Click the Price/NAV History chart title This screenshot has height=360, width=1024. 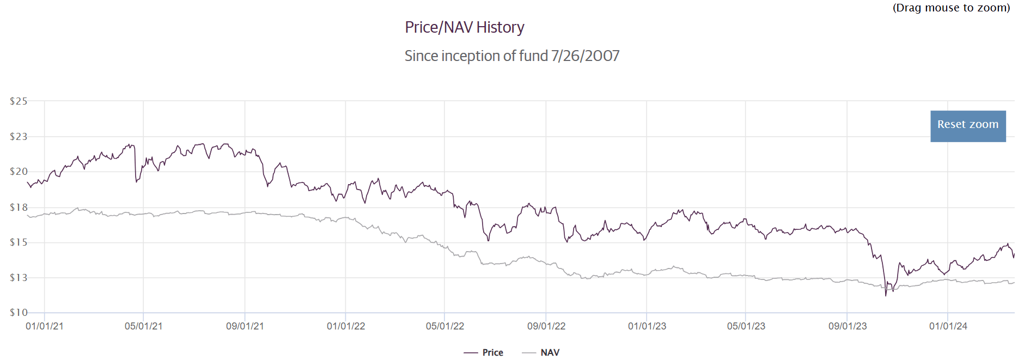464,27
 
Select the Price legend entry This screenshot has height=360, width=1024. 492,352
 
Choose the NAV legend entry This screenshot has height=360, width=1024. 550,352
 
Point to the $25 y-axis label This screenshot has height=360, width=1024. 19,101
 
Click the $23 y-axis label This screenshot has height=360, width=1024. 19,137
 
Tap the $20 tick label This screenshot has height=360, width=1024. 19,172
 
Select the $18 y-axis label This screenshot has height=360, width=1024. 19,208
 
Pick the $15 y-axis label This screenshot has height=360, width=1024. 19,242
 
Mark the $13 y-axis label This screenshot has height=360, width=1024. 19,278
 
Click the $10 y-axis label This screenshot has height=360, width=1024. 19,313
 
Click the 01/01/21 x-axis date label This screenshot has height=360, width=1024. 45,326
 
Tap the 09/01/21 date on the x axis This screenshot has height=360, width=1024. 245,326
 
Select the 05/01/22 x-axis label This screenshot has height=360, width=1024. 445,326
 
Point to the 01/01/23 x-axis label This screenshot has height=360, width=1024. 647,326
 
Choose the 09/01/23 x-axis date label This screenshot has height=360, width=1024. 848,326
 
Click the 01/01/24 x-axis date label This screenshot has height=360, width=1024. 948,326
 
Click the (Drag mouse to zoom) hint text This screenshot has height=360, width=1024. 951,8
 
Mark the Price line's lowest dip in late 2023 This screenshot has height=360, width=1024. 886,295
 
